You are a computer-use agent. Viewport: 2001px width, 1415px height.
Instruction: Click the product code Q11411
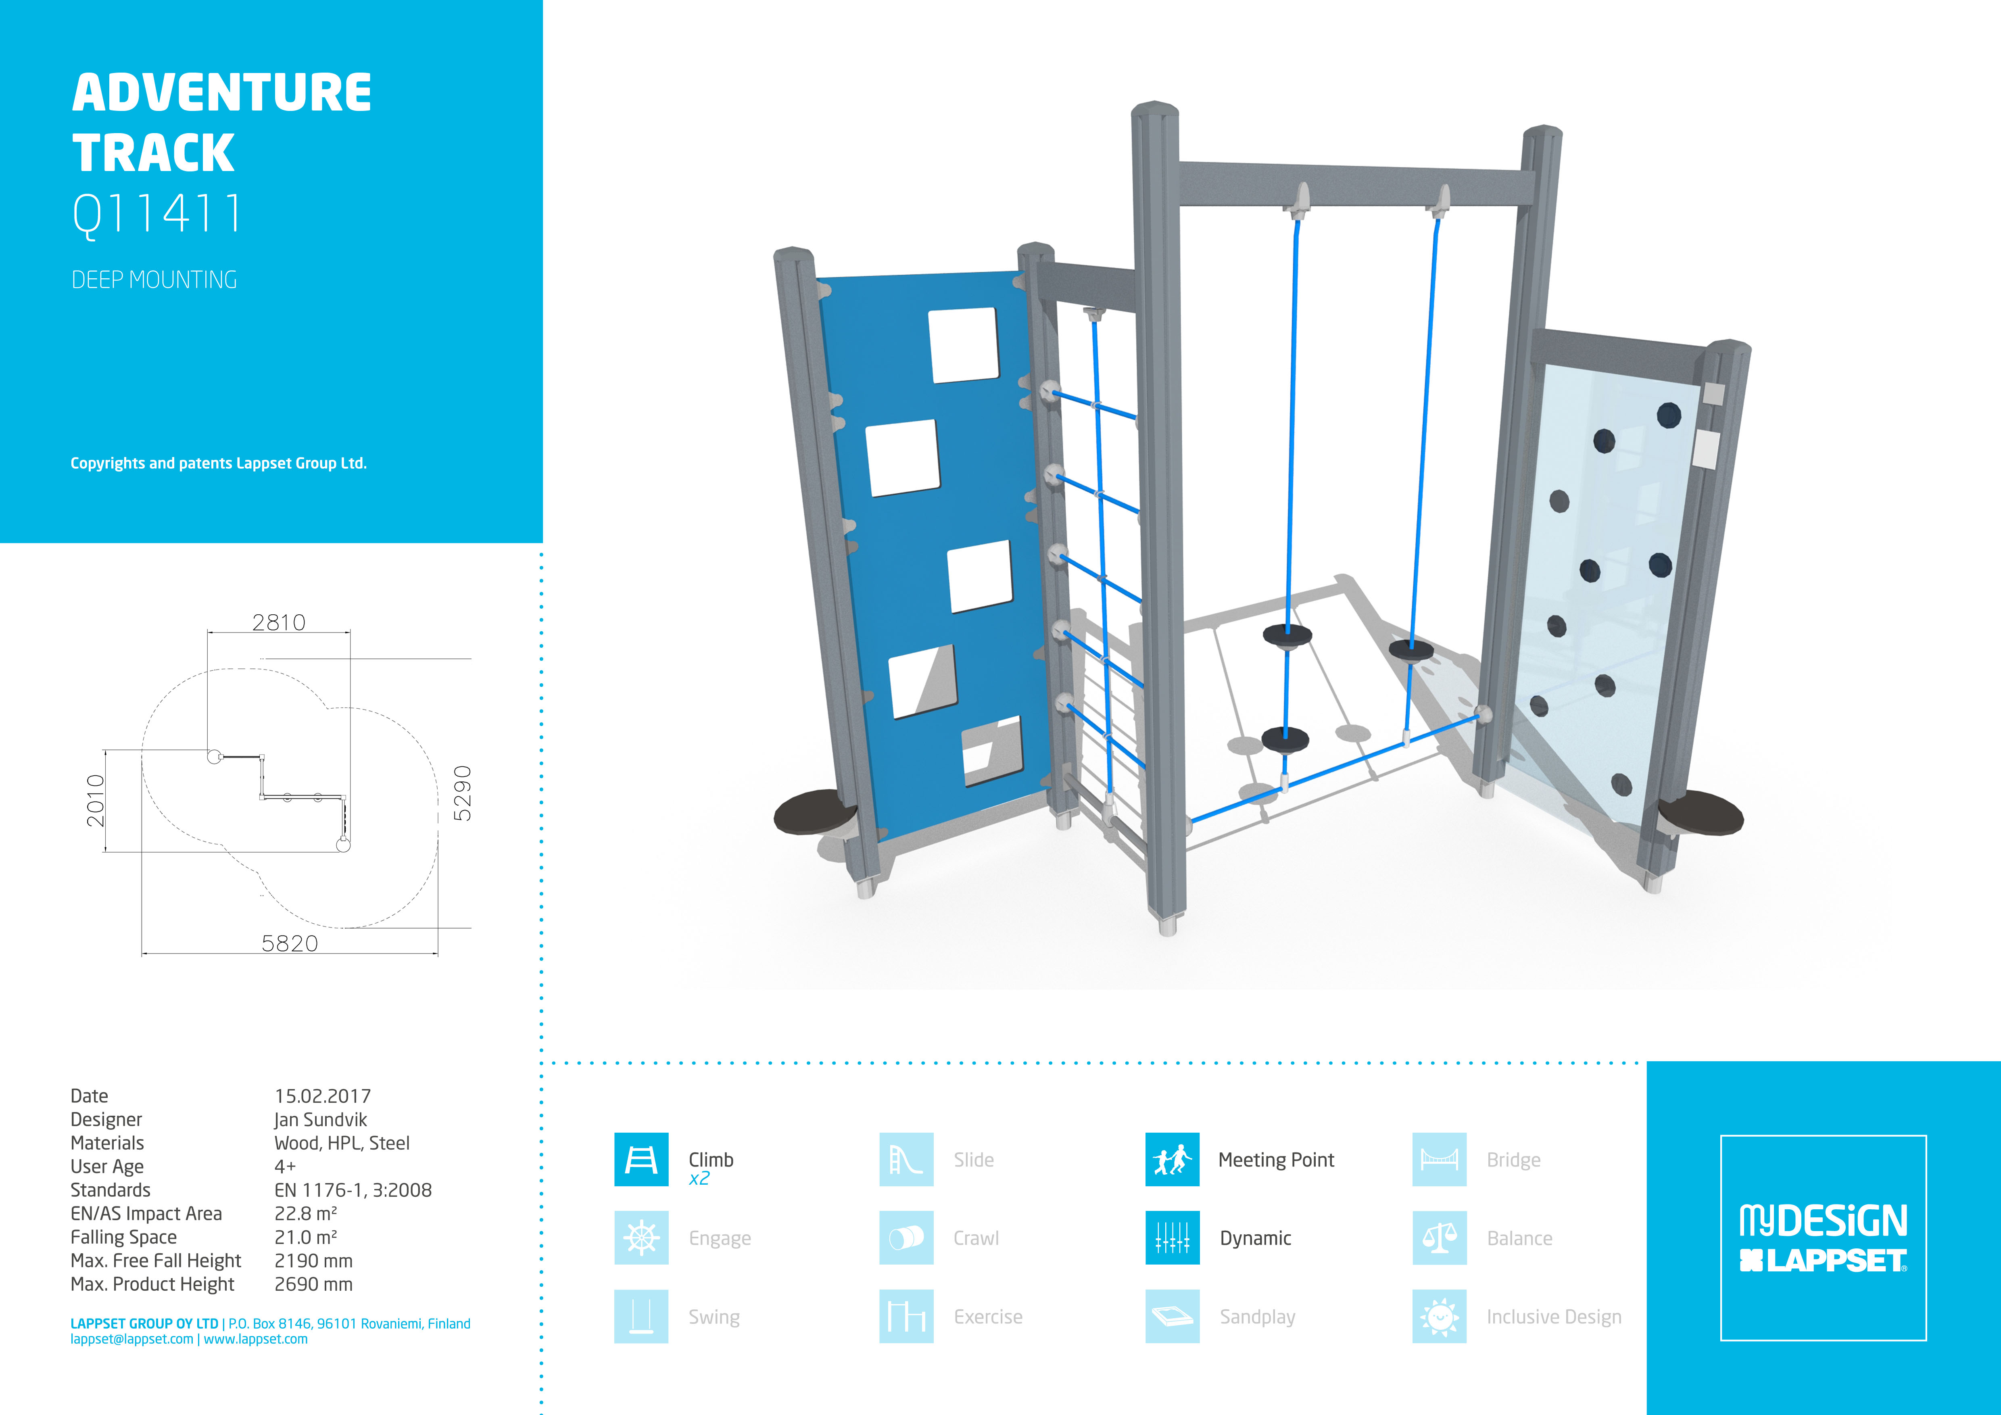click(157, 213)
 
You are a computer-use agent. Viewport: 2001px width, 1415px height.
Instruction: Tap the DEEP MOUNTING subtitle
click(154, 280)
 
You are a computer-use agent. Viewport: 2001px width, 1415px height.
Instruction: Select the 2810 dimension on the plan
click(279, 622)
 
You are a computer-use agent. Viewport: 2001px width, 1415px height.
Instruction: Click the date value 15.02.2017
click(322, 1096)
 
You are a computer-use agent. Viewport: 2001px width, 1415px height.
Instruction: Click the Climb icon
click(641, 1160)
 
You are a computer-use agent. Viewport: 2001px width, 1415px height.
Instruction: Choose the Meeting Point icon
click(1172, 1160)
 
